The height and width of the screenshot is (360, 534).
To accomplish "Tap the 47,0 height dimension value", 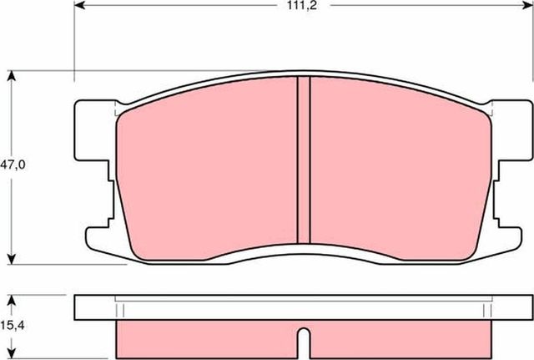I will coord(14,165).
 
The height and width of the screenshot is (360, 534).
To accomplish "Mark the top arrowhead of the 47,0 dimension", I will coord(13,76).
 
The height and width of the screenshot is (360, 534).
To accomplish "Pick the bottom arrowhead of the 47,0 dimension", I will coord(13,258).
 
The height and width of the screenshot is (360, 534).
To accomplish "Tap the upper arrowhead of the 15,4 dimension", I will coord(13,297).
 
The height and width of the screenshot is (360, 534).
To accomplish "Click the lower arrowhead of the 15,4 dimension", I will coord(13,354).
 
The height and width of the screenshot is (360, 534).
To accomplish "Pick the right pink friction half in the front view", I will coord(396,167).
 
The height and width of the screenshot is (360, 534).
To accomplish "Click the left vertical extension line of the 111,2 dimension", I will coord(75,42).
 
